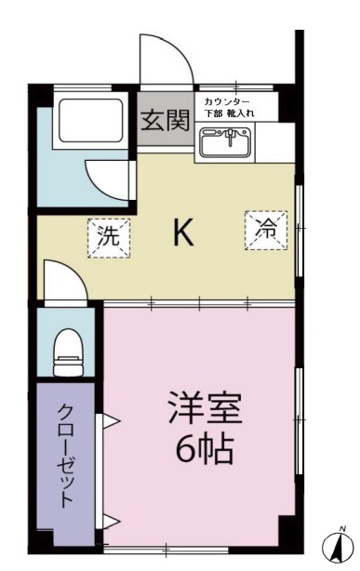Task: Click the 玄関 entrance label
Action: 167,120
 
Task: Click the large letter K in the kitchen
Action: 183,234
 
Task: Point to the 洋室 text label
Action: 205,409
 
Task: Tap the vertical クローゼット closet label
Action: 68,455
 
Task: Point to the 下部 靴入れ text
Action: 233,112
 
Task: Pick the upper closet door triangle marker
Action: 110,423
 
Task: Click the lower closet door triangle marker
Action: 110,521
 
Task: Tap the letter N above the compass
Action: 341,529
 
